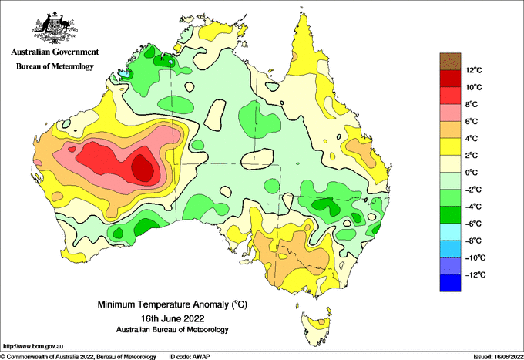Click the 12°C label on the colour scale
click(x=474, y=70)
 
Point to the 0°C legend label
click(x=472, y=173)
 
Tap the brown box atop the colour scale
click(x=450, y=61)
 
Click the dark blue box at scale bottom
click(x=450, y=283)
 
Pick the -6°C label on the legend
click(x=473, y=224)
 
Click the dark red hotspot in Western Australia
click(x=143, y=168)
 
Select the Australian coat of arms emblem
click(x=55, y=27)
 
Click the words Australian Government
click(x=55, y=52)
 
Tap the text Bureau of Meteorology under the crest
click(x=55, y=66)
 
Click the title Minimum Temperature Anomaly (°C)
click(x=173, y=304)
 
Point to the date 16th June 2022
click(x=173, y=318)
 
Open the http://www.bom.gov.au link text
click(x=32, y=347)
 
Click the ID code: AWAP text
click(x=190, y=357)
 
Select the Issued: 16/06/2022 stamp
click(x=498, y=357)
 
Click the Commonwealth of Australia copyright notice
click(x=78, y=357)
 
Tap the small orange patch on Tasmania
click(x=321, y=321)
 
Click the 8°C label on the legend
click(x=472, y=104)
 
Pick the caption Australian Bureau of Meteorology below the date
click(x=173, y=330)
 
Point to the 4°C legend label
click(x=472, y=139)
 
